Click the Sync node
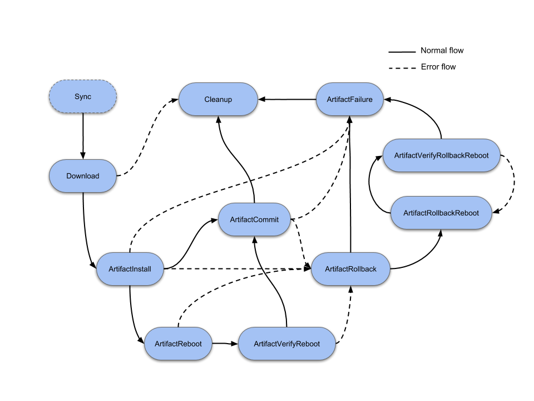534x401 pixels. click(83, 96)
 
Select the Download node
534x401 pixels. click(83, 176)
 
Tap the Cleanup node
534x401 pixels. click(217, 100)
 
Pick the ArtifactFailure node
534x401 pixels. click(350, 100)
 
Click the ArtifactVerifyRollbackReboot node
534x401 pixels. click(441, 155)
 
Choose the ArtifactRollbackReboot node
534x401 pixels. click(441, 213)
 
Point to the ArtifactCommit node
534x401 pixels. click(254, 220)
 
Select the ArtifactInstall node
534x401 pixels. click(130, 269)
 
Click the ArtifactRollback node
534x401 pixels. click(350, 269)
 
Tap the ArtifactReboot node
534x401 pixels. click(179, 344)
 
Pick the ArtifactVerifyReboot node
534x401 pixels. click(286, 344)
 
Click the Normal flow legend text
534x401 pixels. click(442, 51)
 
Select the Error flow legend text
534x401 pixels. click(438, 67)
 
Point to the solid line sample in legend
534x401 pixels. click(402, 52)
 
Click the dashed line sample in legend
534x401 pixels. click(402, 68)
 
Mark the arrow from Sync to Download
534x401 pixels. click(83, 136)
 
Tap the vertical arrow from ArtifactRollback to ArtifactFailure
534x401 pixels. click(350, 184)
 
